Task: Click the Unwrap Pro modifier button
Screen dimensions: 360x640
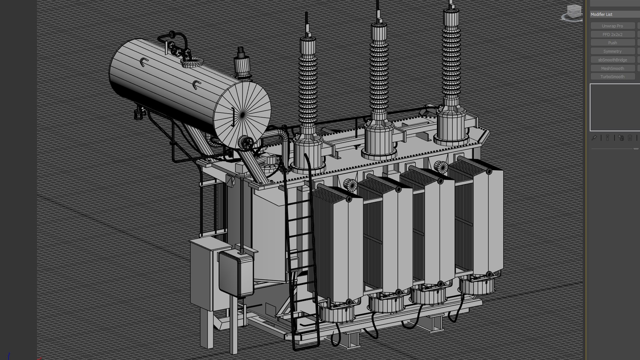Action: click(x=612, y=26)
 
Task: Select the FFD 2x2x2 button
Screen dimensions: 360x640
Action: click(x=612, y=34)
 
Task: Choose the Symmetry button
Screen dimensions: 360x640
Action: click(x=612, y=51)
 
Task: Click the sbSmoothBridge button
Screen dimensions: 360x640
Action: click(x=612, y=60)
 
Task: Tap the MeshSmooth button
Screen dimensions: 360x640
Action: click(x=612, y=68)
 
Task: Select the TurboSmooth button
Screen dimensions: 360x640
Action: click(x=612, y=77)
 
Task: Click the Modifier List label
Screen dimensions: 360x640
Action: click(x=601, y=14)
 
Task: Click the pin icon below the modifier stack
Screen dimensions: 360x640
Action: click(x=594, y=138)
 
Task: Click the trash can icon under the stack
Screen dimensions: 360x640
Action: click(x=630, y=138)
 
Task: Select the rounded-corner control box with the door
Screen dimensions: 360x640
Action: click(x=236, y=273)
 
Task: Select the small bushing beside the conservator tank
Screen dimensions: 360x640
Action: click(x=242, y=65)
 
